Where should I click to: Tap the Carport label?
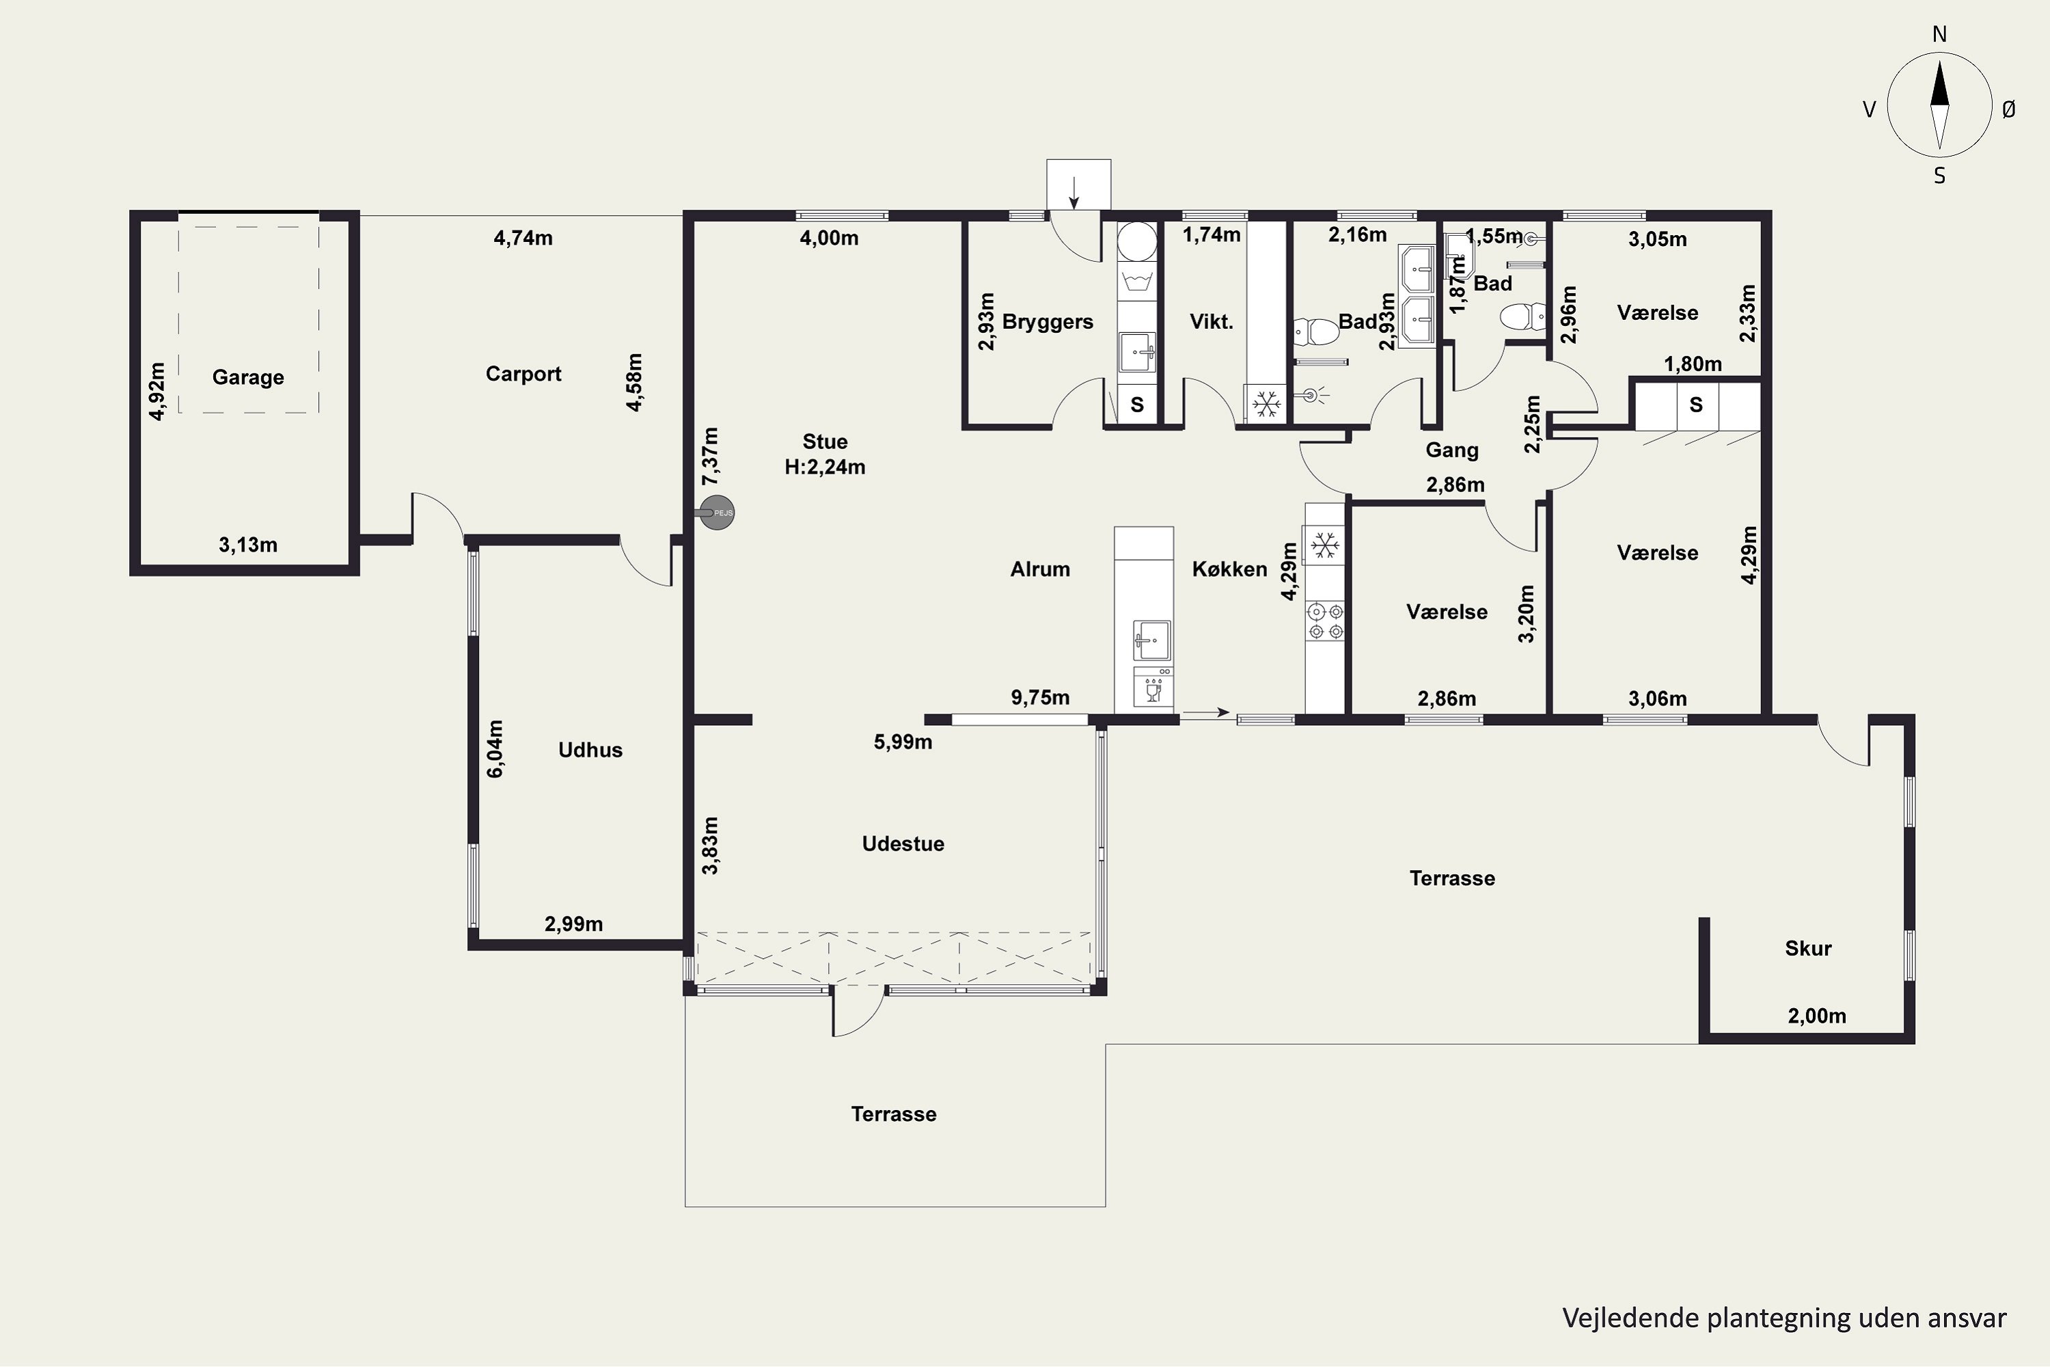point(523,374)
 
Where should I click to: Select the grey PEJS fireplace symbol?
point(717,513)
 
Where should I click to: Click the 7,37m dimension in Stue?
point(711,456)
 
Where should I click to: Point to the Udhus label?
point(590,750)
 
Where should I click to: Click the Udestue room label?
point(903,844)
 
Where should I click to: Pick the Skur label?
point(1807,949)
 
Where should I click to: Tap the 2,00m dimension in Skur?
point(1816,1016)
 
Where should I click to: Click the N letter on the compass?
point(1939,34)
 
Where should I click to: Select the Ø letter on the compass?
point(2008,109)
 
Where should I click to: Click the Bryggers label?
point(1048,322)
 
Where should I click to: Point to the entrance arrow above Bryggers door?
point(1074,193)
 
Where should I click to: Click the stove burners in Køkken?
point(1325,621)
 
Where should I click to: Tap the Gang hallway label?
point(1452,450)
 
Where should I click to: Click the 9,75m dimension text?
point(1040,697)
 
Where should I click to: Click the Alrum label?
point(1040,569)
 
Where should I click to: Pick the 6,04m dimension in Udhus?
point(494,749)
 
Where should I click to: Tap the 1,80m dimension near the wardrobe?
point(1693,364)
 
